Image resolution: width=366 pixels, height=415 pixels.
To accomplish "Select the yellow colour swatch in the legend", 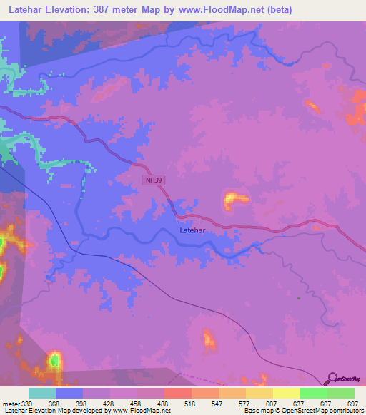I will click(x=286, y=393).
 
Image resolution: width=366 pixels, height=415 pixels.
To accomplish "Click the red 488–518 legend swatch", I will click(x=177, y=393).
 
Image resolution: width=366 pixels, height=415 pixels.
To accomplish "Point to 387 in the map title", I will click(x=116, y=10).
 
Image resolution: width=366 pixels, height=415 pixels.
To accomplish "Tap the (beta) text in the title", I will click(x=277, y=10).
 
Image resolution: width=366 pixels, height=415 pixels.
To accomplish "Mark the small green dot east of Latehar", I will click(x=299, y=298).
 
